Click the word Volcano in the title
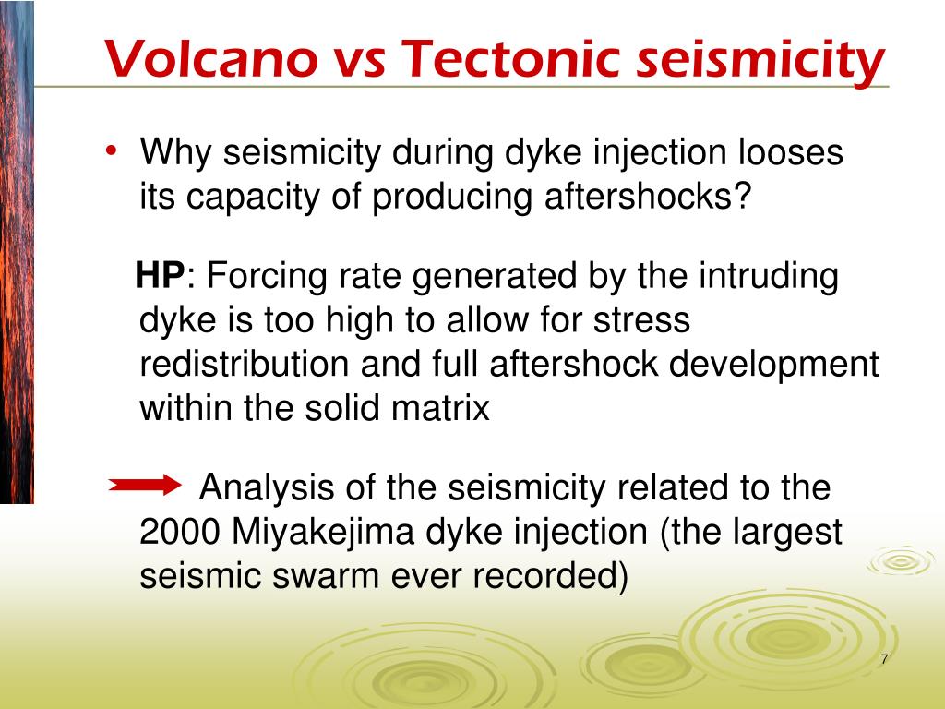pos(211,59)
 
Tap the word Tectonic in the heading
pos(510,59)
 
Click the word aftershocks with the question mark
pos(649,196)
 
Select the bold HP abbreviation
pos(160,275)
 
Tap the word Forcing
pos(267,277)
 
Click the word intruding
pos(769,277)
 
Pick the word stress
pos(642,320)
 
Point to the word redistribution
pos(244,364)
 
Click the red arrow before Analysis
pos(145,485)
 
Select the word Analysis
pos(267,487)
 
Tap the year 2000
pos(179,532)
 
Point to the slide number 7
pos(884,659)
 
